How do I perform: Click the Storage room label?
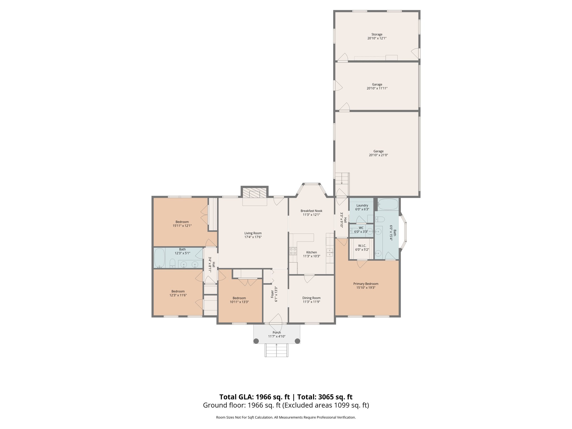point(377,35)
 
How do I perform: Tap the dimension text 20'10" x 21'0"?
point(378,155)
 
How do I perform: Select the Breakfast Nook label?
point(311,211)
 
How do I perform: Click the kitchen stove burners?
point(293,251)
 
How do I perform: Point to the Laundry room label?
point(362,205)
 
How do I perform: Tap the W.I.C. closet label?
point(362,246)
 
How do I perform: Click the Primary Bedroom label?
point(366,284)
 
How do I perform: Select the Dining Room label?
point(311,298)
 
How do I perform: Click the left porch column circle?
point(256,341)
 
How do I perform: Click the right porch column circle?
point(297,341)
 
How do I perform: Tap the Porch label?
point(277,332)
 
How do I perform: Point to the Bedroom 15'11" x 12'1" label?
point(182,222)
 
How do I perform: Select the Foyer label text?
point(273,294)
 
